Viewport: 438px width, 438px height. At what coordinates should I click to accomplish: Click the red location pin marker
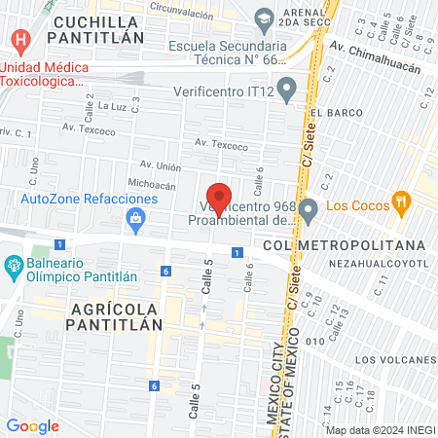click(x=220, y=197)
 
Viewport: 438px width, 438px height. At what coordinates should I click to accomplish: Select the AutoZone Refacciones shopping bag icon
click(x=137, y=219)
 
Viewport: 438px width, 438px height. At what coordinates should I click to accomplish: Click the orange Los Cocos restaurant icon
click(x=399, y=203)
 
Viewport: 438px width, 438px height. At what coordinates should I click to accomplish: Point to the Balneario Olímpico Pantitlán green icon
click(x=14, y=265)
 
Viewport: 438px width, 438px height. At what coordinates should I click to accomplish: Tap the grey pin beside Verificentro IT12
click(x=286, y=92)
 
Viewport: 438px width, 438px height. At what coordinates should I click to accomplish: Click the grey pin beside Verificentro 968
click(x=309, y=208)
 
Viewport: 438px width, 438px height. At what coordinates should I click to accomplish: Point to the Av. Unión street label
click(x=162, y=164)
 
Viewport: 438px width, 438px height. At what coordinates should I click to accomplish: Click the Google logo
click(x=32, y=425)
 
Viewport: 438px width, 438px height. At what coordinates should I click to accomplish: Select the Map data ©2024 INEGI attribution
click(x=380, y=430)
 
